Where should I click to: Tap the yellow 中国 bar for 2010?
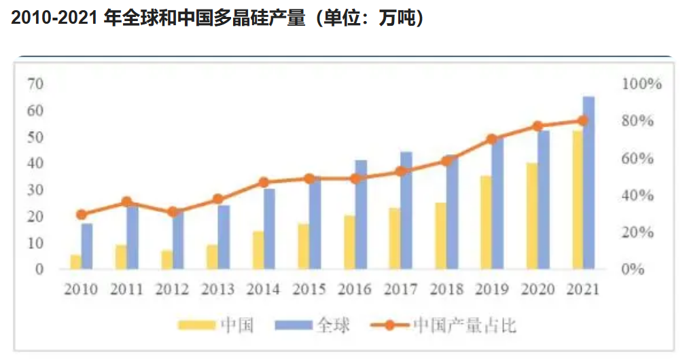[75, 262]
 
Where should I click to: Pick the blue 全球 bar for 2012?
[178, 239]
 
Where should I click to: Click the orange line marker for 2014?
[264, 182]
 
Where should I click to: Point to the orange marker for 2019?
[492, 139]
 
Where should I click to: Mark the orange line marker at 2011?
[126, 202]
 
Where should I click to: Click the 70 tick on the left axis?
[35, 84]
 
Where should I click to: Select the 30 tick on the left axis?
[35, 190]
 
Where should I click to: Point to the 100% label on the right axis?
[641, 84]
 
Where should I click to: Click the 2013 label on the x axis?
[217, 289]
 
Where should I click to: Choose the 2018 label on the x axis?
[446, 289]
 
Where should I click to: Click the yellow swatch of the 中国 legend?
[196, 325]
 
